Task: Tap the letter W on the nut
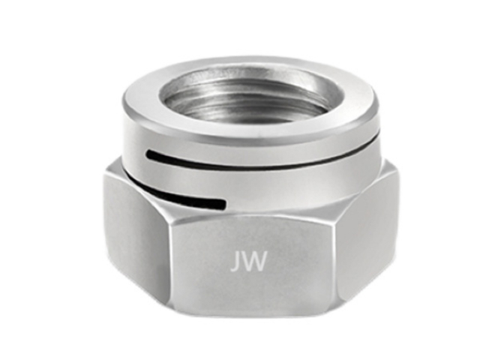pos(253,262)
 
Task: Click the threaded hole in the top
pos(250,95)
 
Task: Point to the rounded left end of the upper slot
pos(149,152)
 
